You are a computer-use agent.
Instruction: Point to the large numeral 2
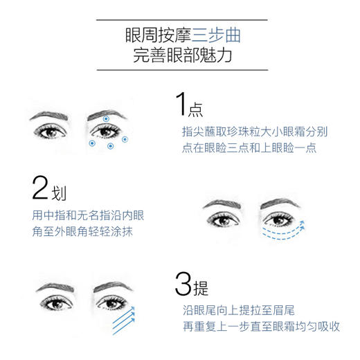pyautogui.click(x=43, y=188)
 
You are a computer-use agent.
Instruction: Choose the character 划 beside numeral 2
pyautogui.click(x=61, y=192)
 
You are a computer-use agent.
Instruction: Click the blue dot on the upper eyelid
pyautogui.click(x=105, y=120)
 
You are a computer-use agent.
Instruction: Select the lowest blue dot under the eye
pyautogui.click(x=110, y=147)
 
